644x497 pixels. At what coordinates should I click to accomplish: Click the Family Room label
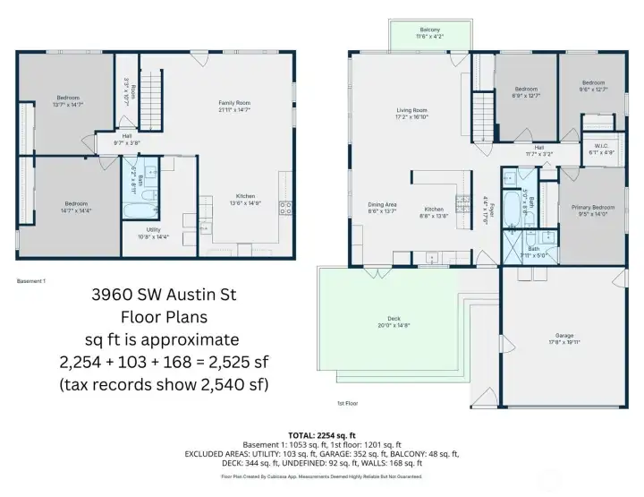pos(233,103)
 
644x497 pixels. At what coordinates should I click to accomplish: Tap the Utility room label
pos(154,230)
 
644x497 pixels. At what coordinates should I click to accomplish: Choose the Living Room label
pos(411,110)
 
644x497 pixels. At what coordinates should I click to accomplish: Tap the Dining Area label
pos(382,205)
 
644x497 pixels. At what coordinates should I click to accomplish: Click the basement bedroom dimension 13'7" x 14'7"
pos(68,105)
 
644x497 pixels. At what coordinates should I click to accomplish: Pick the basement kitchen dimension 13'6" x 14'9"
pos(246,203)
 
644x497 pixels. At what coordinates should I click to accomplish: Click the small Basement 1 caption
pos(31,280)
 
